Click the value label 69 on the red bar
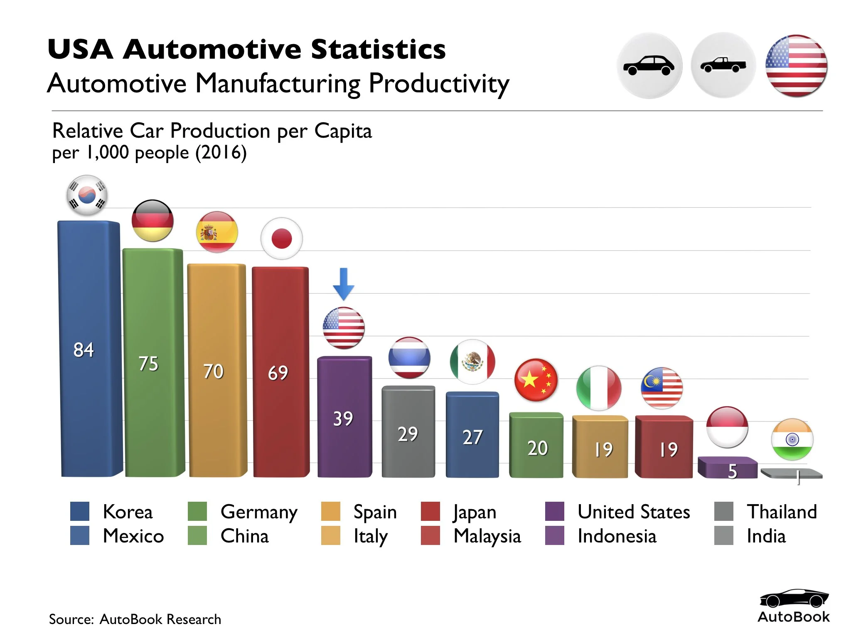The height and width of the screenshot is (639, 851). pos(278,373)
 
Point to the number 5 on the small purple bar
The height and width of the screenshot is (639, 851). pos(733,471)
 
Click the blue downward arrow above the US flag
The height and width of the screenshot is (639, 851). pos(344,284)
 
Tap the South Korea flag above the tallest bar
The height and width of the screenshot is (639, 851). pos(87,195)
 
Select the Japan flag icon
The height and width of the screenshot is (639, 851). pos(281,239)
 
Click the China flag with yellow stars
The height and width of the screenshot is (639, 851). pos(536,380)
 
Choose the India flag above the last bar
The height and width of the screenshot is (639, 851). pos(792,439)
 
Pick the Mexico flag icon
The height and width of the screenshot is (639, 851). pos(472,362)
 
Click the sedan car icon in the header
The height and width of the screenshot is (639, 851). pos(649,66)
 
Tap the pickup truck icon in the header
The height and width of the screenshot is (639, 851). pos(723,65)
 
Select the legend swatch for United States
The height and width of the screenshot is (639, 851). pos(554,511)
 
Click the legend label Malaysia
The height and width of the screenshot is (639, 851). pos(487,536)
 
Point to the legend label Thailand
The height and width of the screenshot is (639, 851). pos(782,512)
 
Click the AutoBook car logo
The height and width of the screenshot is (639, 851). pos(794,599)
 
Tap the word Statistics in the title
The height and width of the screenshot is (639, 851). pos(378,49)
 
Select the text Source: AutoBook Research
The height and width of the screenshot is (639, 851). pos(135,619)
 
